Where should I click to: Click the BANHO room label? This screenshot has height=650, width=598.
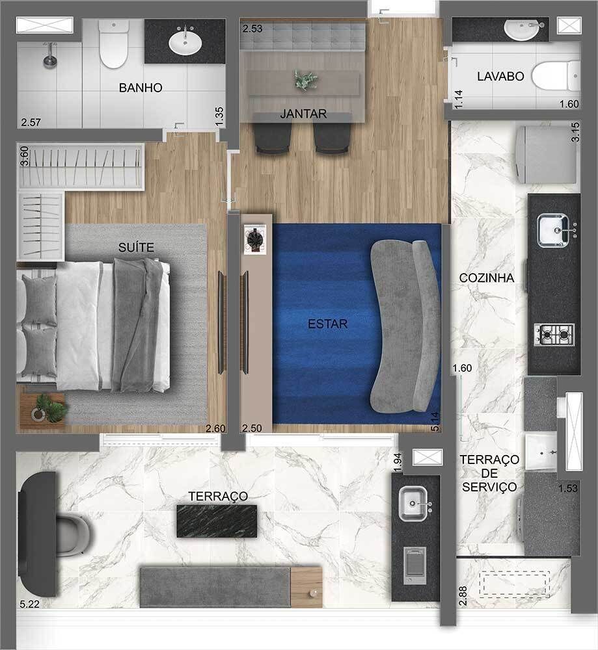pos(140,88)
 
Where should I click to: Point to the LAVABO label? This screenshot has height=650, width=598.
pos(500,76)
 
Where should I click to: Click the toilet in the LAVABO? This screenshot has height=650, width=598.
pos(556,74)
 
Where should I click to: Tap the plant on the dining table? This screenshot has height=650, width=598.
pos(305,80)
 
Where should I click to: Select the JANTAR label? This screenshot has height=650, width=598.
pos(303,114)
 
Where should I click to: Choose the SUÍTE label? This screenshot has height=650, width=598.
pos(136,246)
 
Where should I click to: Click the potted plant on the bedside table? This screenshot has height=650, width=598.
pos(50,408)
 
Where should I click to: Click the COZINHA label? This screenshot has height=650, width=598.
pos(487,278)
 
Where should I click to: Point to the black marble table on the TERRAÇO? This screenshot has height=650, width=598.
pos(217,521)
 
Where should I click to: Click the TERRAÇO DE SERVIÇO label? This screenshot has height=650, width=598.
pos(489,473)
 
